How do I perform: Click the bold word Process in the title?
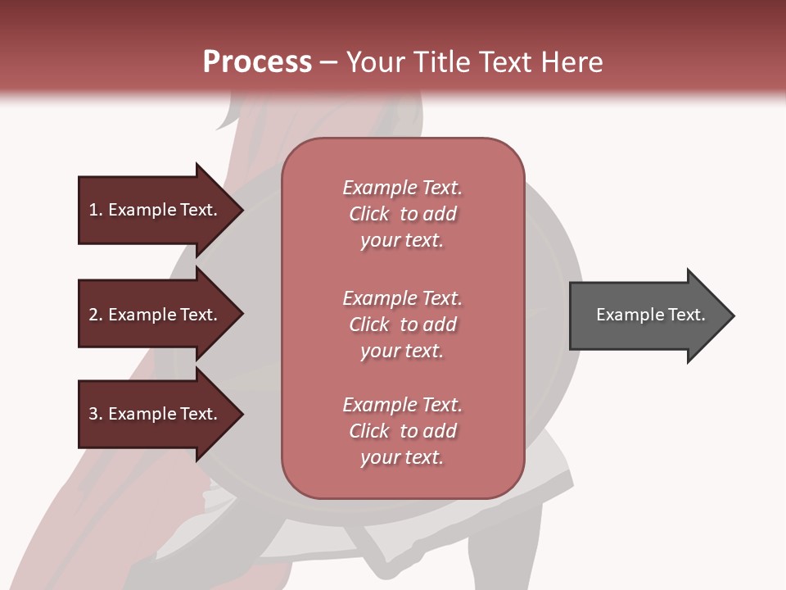coord(257,62)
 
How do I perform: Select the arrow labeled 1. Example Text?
coord(156,210)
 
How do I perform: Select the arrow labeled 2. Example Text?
coord(156,315)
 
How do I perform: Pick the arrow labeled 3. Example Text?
coord(156,414)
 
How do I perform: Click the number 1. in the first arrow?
coord(96,210)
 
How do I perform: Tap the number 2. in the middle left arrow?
coord(96,315)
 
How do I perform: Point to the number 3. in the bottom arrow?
coord(96,414)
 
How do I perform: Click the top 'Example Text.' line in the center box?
coord(402,188)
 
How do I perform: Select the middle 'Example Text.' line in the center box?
coord(402,298)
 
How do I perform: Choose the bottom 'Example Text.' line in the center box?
coord(402,405)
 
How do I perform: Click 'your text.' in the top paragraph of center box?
coord(402,241)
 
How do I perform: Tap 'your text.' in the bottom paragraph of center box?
coord(402,458)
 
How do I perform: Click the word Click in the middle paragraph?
coord(368,324)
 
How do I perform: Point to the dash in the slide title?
coord(328,63)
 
